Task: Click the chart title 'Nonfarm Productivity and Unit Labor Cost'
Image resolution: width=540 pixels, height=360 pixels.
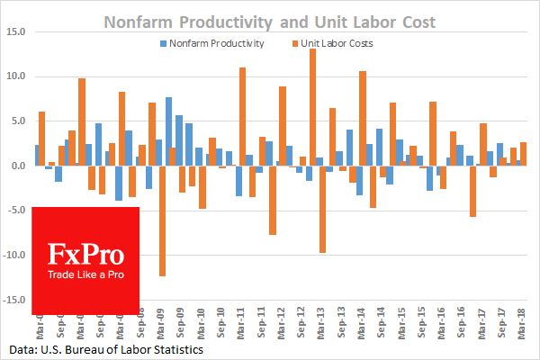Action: (x=271, y=19)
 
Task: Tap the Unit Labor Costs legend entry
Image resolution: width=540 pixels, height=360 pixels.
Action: (x=338, y=42)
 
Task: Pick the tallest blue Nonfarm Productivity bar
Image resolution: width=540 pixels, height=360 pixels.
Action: (x=168, y=131)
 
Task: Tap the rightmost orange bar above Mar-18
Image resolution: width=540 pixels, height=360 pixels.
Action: (x=524, y=154)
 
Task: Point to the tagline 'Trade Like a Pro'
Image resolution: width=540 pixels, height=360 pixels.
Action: (x=85, y=274)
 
